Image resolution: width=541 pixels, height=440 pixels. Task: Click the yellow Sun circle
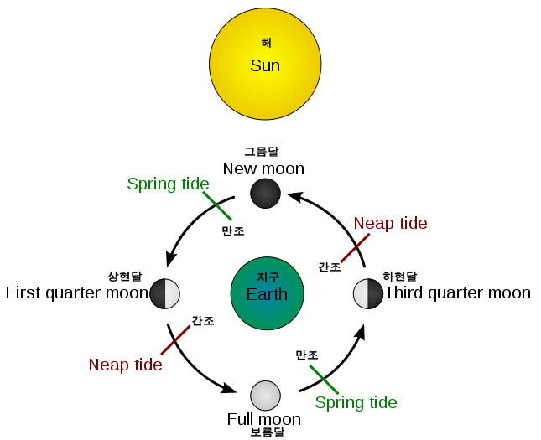coord(265,64)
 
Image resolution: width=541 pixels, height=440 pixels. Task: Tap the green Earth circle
coord(267,293)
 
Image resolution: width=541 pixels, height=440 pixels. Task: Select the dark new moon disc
coord(265,194)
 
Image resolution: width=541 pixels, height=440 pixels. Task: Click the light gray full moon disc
coord(265,395)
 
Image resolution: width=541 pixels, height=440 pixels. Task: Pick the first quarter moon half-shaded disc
coord(165,293)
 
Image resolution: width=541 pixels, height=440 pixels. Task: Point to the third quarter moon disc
coord(367,293)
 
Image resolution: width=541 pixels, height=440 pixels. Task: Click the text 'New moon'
coord(263,168)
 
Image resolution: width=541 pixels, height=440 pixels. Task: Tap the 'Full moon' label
coord(263,418)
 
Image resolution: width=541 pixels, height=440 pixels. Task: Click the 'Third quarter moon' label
coord(457,292)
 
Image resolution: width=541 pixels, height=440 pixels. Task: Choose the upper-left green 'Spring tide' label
coord(168,184)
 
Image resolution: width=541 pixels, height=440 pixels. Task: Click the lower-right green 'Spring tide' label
coord(356,402)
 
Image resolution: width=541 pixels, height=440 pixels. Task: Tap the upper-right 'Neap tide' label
coord(390,223)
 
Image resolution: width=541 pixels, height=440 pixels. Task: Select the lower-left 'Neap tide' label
coord(125,365)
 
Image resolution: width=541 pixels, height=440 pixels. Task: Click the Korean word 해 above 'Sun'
coord(266,43)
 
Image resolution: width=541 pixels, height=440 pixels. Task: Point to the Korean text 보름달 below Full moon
coord(267,432)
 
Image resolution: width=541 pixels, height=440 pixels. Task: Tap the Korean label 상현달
coord(124,276)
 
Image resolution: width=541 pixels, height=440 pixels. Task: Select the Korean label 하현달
coord(399,276)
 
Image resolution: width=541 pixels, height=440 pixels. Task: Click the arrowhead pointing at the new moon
coord(294,195)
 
